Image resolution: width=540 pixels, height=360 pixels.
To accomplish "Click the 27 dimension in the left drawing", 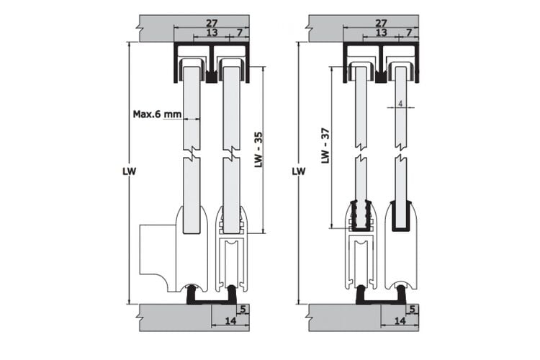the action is click(x=212, y=24).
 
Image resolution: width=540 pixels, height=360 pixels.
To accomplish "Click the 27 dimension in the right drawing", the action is click(x=381, y=24).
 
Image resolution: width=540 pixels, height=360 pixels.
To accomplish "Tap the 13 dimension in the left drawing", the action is click(x=212, y=32).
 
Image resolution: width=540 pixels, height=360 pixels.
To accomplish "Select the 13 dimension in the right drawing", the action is click(x=381, y=32).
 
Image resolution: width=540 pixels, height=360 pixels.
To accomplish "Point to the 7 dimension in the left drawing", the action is click(x=240, y=32).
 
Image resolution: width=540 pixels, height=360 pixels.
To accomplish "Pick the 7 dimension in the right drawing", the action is click(x=409, y=32).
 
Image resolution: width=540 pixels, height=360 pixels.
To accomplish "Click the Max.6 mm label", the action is click(x=157, y=114).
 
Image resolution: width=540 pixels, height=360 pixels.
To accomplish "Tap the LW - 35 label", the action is click(x=258, y=150).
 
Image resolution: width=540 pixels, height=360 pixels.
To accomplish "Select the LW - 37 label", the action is click(x=325, y=145).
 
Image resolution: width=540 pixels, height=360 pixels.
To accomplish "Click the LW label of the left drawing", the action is click(x=129, y=171).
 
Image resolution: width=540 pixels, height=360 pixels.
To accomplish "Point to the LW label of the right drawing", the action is click(x=299, y=171).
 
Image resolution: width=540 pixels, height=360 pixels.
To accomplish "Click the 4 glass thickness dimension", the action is click(x=400, y=104).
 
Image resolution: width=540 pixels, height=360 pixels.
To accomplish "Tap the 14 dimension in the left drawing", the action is click(x=230, y=320).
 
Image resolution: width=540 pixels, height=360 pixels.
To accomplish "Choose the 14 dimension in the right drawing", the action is click(x=400, y=320).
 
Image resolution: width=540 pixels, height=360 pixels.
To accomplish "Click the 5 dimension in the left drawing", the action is click(x=243, y=310).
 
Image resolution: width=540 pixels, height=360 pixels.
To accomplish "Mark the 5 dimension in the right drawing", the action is click(x=413, y=310).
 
